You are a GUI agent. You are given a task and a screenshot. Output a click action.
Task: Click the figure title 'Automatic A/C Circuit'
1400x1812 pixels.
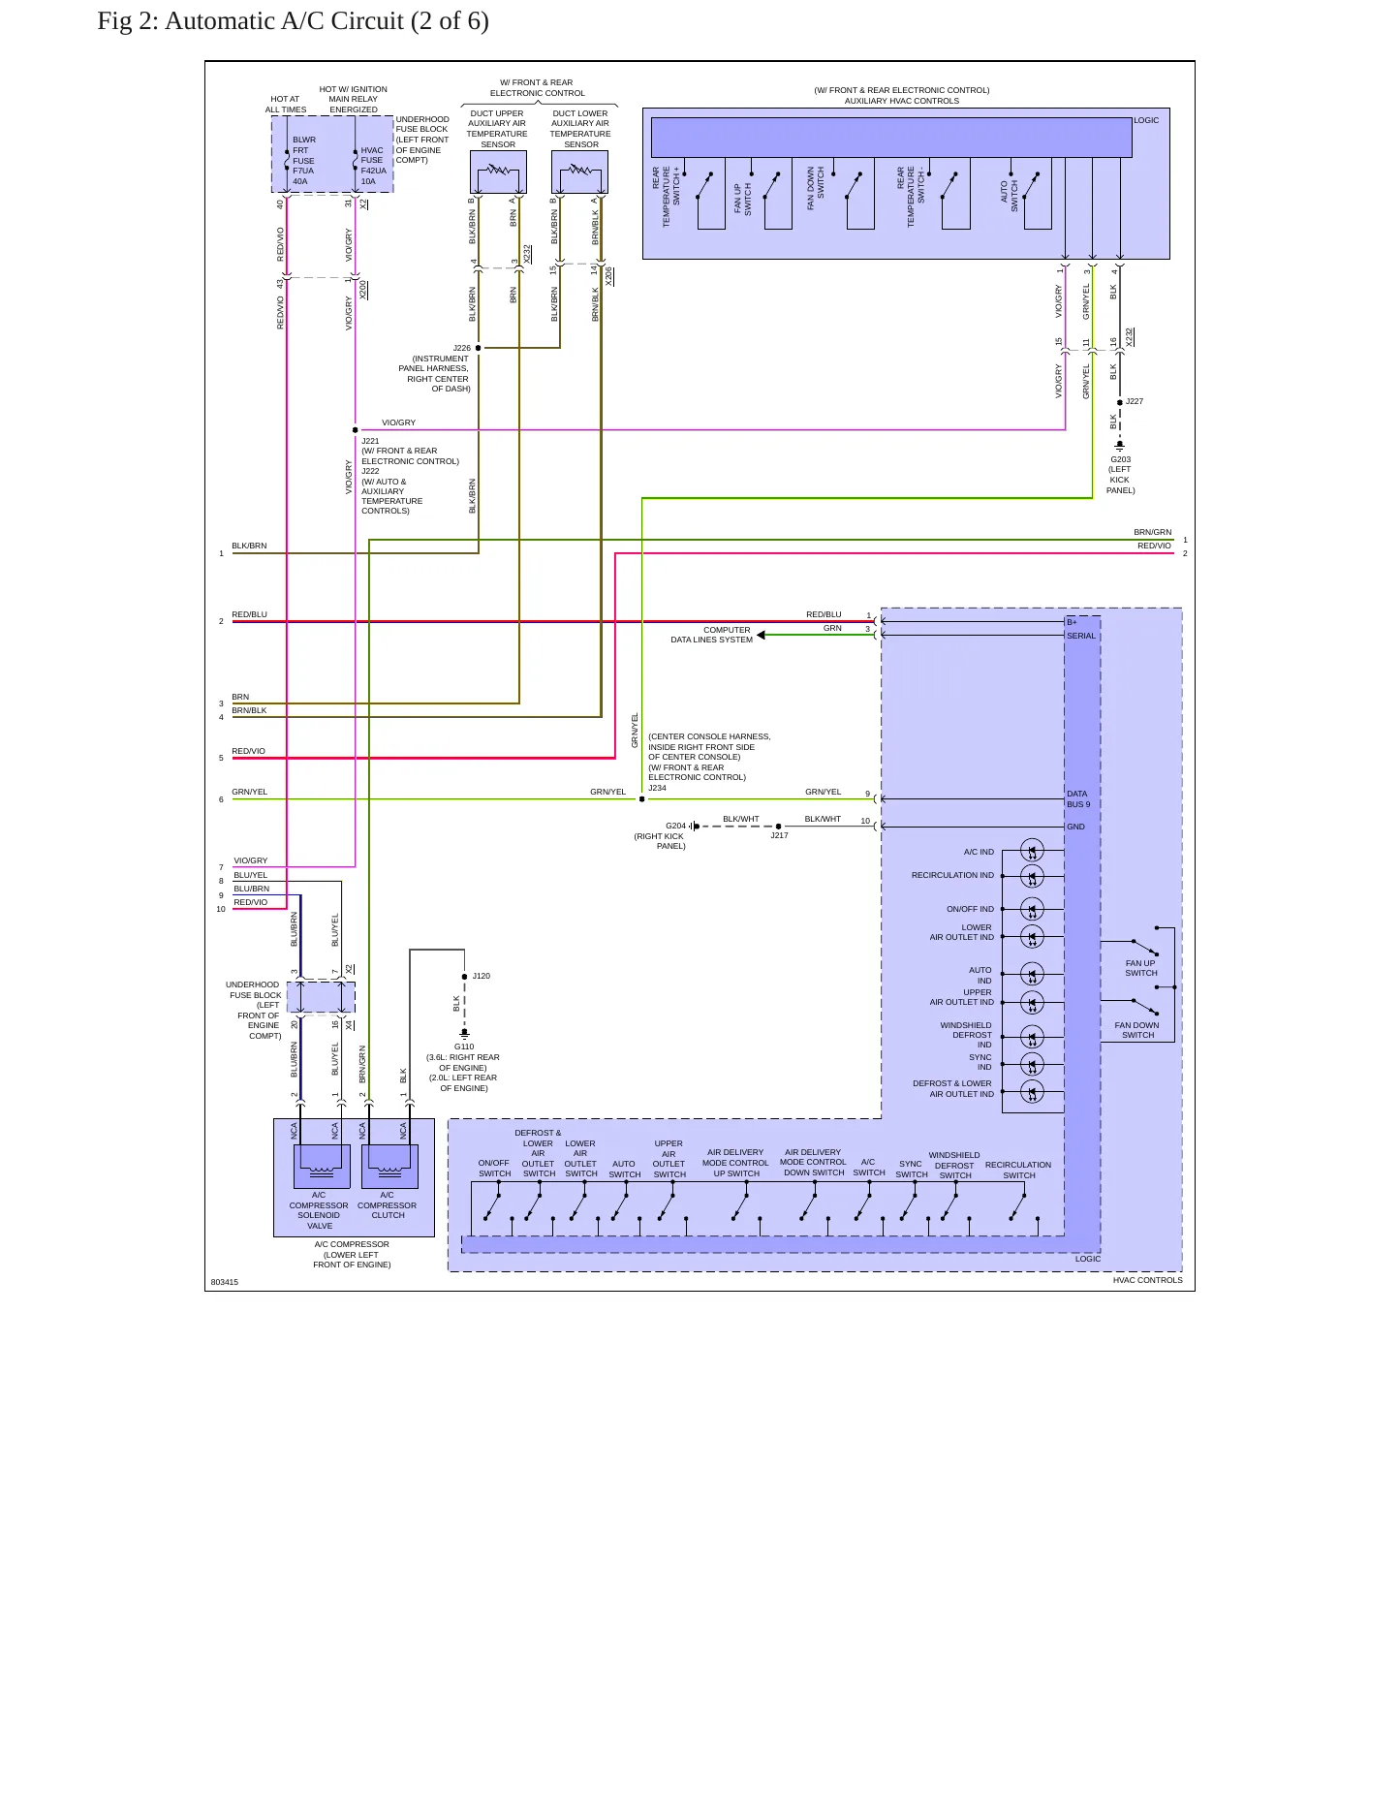click(x=284, y=21)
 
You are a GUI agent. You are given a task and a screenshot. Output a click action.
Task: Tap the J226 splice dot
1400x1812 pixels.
click(x=479, y=348)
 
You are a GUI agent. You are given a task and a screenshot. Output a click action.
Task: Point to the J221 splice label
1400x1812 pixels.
click(x=370, y=441)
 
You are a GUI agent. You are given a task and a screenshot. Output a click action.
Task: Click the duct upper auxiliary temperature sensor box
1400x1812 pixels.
click(x=498, y=172)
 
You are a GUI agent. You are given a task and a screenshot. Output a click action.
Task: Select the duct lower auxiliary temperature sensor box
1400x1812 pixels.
click(x=579, y=172)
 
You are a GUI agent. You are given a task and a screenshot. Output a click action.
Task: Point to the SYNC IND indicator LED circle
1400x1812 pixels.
click(x=1033, y=1064)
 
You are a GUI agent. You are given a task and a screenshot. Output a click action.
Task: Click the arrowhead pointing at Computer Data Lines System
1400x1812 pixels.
click(x=762, y=636)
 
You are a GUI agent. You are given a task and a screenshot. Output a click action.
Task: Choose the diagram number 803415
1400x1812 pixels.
click(x=225, y=1282)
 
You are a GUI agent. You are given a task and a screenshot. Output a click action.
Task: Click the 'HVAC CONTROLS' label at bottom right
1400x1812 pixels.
click(x=1147, y=1280)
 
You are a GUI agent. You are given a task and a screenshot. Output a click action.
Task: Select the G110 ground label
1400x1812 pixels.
click(x=464, y=1047)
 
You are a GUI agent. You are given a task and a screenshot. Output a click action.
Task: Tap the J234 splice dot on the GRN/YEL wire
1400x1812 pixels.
click(x=641, y=799)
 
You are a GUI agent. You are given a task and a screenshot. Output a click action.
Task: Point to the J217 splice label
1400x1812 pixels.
click(x=779, y=835)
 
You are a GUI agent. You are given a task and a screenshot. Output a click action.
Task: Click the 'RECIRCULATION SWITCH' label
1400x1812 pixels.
click(x=1018, y=1171)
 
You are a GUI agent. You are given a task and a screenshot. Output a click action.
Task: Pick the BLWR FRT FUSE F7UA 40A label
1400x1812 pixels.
click(x=304, y=161)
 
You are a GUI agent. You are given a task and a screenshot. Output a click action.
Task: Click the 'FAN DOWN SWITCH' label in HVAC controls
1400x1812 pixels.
click(x=1136, y=1030)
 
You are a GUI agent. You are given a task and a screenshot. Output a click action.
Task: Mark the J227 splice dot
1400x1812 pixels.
click(x=1120, y=402)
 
